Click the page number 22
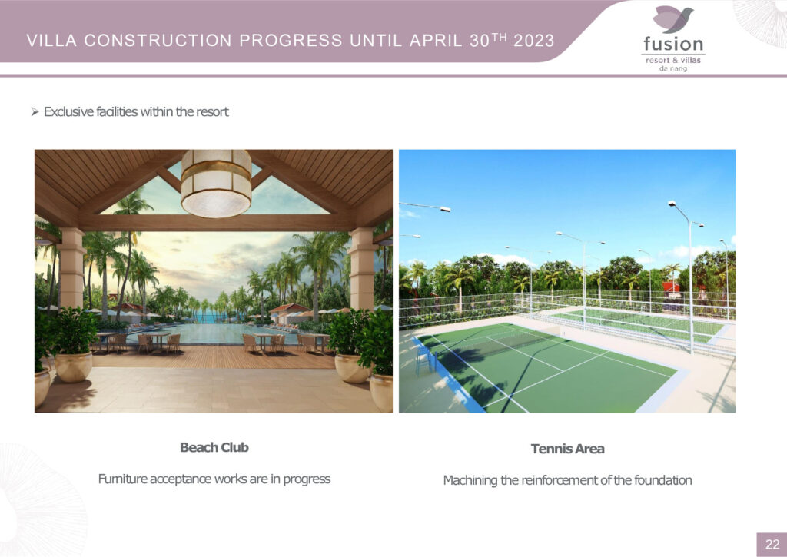[x=772, y=545]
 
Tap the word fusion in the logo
[x=673, y=44]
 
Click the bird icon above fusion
[x=673, y=19]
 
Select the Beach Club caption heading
[x=214, y=447]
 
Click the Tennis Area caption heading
[x=568, y=449]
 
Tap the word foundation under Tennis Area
[x=663, y=480]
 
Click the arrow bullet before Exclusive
[x=35, y=111]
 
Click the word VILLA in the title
[x=51, y=41]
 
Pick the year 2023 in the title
[x=534, y=41]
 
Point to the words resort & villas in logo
[x=673, y=60]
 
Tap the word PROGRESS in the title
[x=291, y=41]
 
